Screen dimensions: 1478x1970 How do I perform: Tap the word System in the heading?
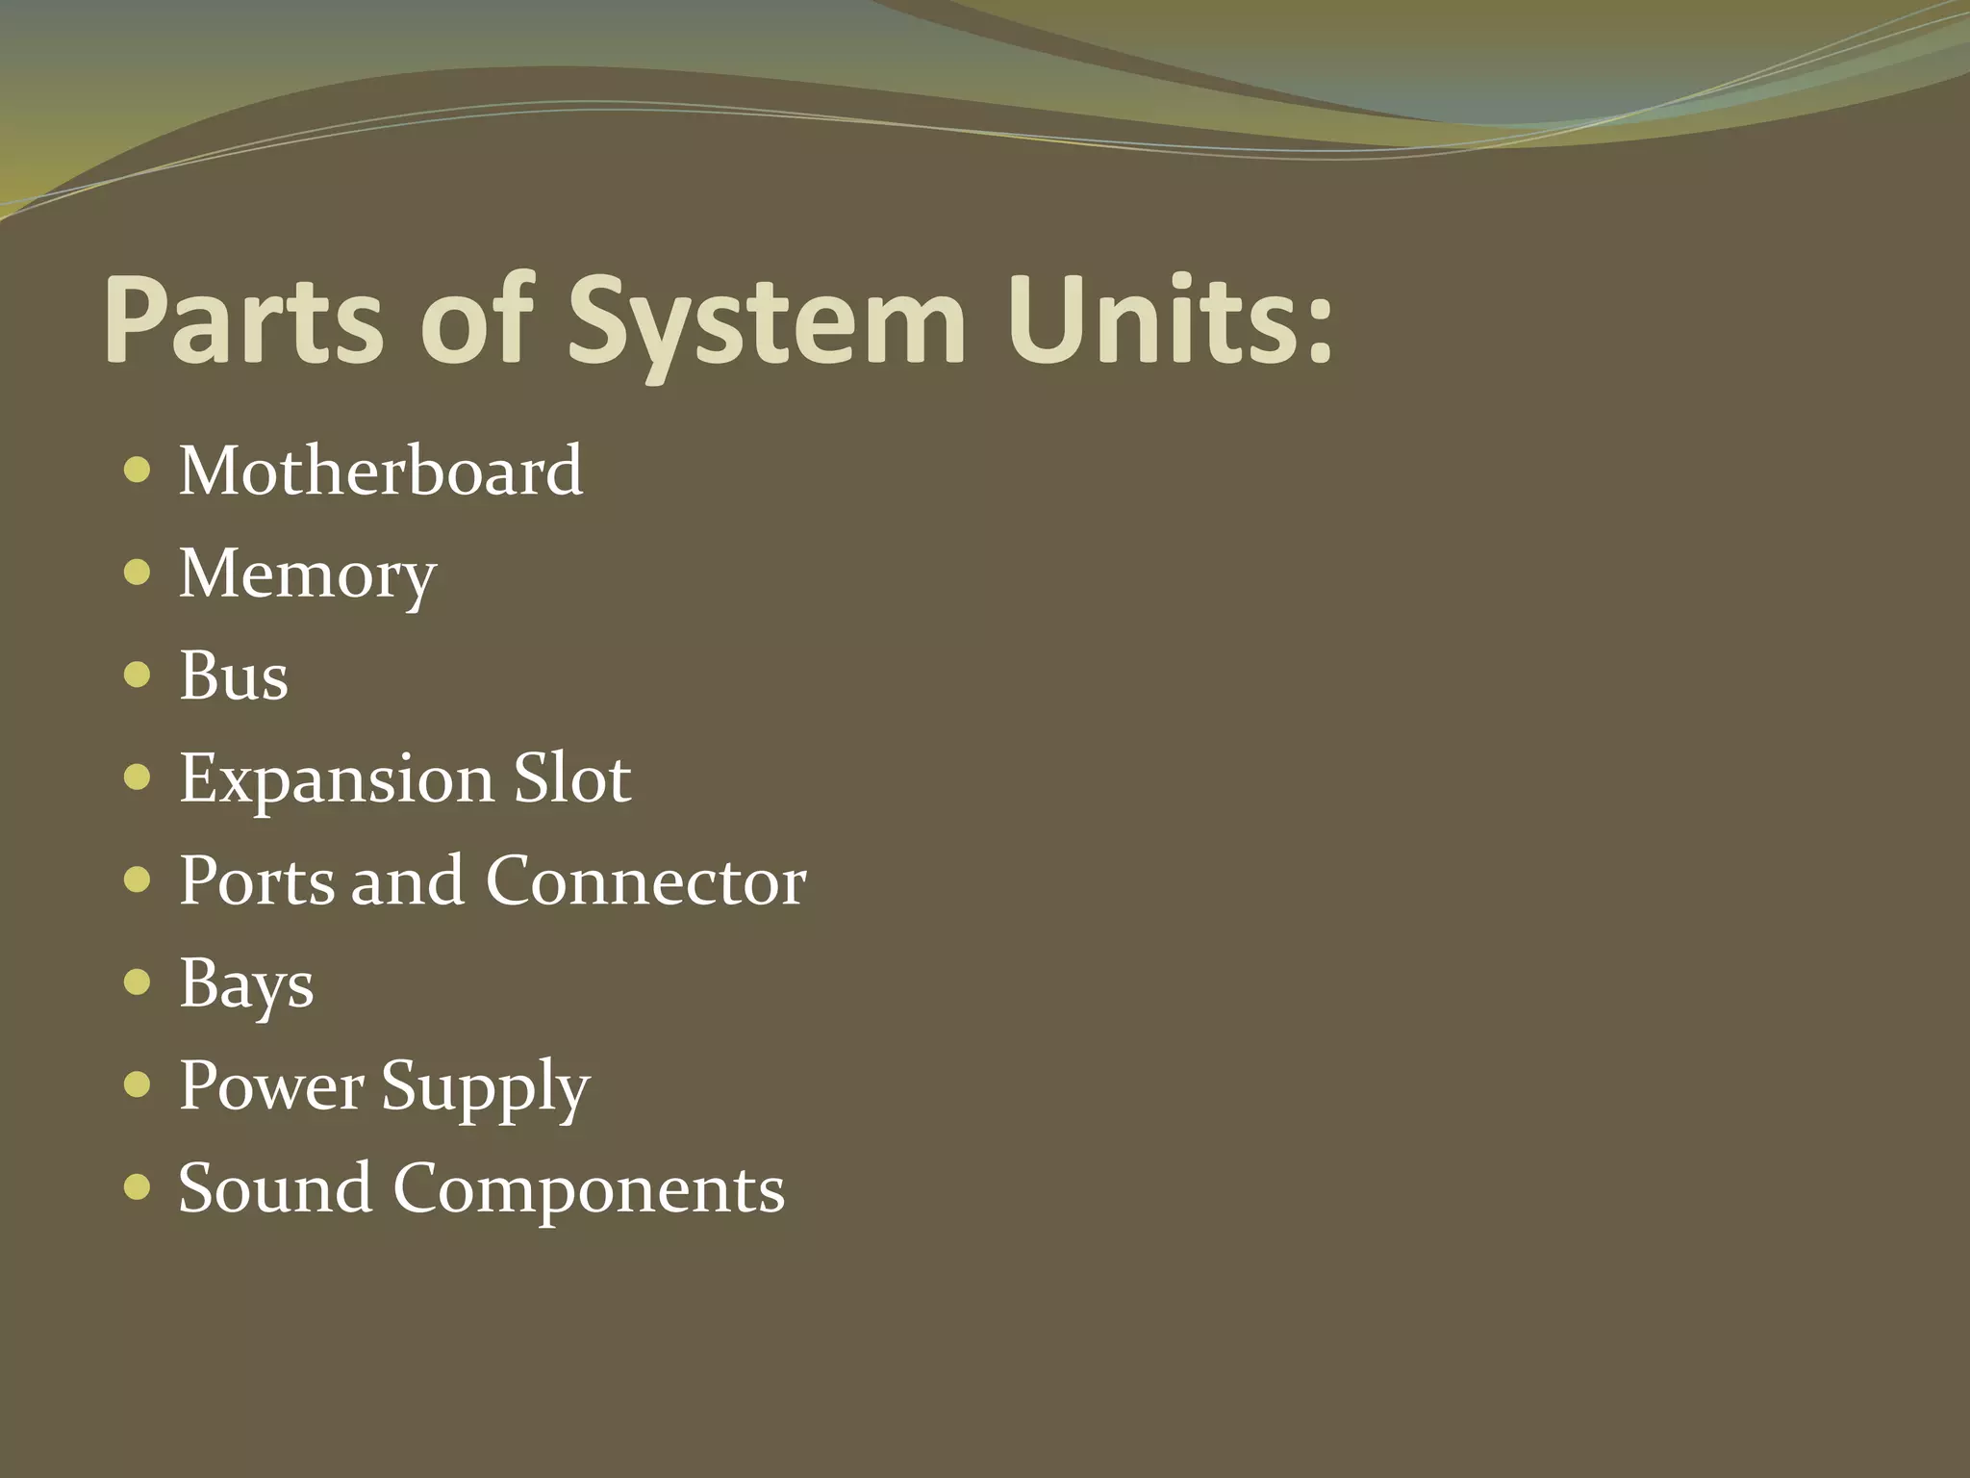click(x=766, y=322)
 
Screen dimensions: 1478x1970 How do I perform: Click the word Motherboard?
click(x=381, y=471)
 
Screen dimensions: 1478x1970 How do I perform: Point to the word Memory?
click(x=308, y=574)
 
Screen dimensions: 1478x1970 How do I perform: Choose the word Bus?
click(x=234, y=675)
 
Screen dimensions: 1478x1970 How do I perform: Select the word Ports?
click(x=257, y=880)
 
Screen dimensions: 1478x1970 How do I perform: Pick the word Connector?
click(x=645, y=880)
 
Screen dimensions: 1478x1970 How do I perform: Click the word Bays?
click(x=246, y=984)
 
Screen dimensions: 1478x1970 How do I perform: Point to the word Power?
click(x=271, y=1085)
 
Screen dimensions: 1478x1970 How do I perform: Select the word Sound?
click(x=275, y=1187)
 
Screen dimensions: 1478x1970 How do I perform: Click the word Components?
click(x=589, y=1189)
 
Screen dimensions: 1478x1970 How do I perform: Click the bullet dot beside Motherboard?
click(x=138, y=471)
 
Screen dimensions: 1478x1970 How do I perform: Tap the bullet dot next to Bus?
click(x=138, y=675)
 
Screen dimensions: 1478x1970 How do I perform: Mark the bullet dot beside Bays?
click(x=138, y=982)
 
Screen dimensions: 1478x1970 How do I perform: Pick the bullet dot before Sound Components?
click(x=138, y=1187)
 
